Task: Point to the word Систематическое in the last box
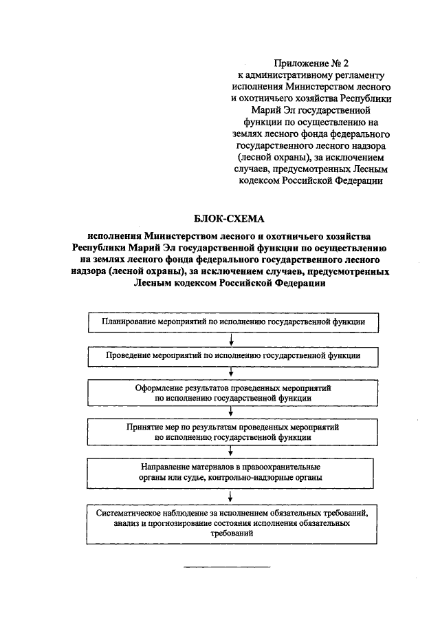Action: pos(131,514)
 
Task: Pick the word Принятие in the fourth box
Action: pos(145,427)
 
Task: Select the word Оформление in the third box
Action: pos(162,388)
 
